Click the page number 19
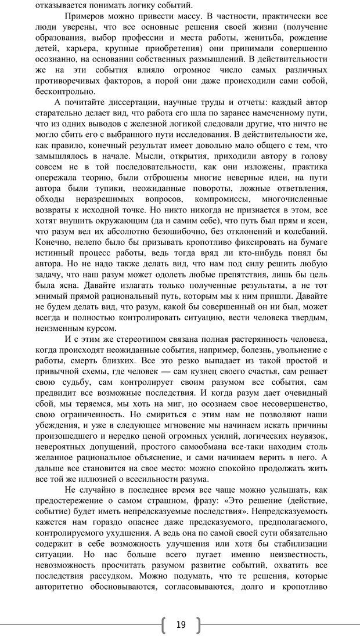180,624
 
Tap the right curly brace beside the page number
197,624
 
